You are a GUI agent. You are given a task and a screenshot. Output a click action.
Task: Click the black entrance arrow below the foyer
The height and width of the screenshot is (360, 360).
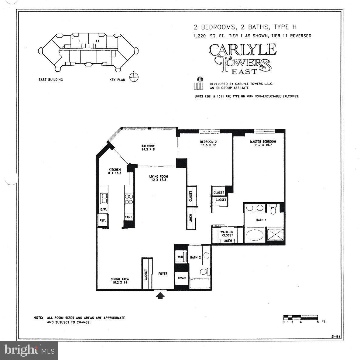click(x=160, y=295)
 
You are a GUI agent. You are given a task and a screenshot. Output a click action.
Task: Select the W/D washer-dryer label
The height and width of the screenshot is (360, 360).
click(x=180, y=257)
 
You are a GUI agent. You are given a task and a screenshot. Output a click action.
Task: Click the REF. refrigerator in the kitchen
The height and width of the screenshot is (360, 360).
click(x=103, y=220)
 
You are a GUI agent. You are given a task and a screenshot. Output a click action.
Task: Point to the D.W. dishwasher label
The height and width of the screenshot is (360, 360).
click(x=103, y=210)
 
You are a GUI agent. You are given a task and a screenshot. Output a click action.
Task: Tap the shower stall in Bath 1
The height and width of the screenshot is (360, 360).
click(x=275, y=234)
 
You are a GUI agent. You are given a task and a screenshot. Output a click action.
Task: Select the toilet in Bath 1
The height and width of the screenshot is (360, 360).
click(x=273, y=209)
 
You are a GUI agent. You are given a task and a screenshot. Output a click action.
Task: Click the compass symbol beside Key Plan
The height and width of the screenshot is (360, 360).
click(x=134, y=77)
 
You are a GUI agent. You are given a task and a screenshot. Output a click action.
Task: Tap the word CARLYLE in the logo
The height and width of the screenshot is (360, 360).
click(x=242, y=50)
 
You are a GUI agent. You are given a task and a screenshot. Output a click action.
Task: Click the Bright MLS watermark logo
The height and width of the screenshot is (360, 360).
click(x=29, y=350)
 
